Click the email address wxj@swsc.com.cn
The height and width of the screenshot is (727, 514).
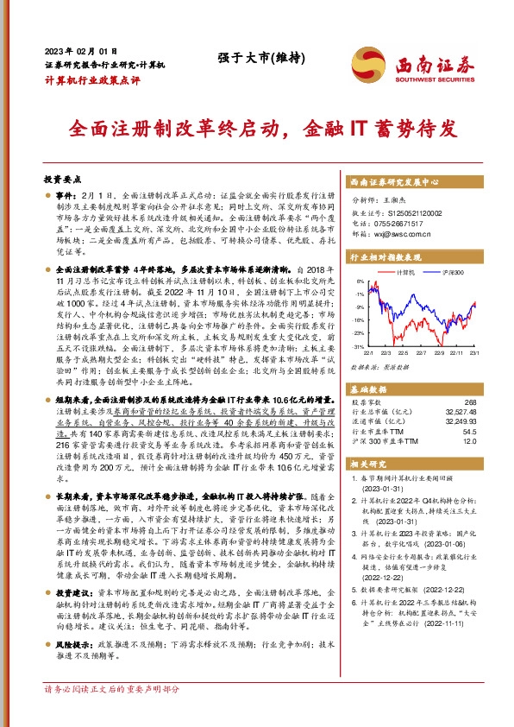click(x=406, y=232)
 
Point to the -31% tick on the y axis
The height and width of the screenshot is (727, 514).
click(x=357, y=345)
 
